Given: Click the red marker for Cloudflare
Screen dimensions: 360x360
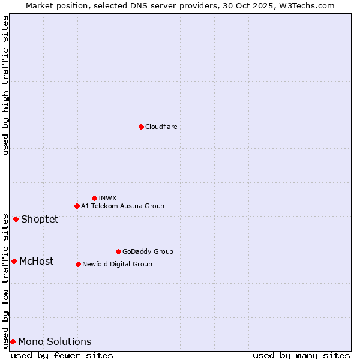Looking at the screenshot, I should [141, 127].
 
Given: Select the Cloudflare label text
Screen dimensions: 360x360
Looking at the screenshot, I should [161, 127].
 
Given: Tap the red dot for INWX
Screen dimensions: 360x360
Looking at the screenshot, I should [94, 198].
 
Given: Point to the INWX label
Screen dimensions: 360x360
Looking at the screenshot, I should [107, 198].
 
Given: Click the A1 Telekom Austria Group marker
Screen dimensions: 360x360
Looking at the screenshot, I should [77, 206].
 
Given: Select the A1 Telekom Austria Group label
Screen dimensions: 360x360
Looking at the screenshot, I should [122, 206].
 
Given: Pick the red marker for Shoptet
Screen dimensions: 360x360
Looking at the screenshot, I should [16, 219].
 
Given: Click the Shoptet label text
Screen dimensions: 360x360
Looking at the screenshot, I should [40, 219].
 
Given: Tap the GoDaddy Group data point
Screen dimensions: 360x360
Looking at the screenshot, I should [118, 251].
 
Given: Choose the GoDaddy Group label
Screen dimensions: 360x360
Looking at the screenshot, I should [148, 251].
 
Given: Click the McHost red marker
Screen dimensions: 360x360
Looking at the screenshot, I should [14, 261].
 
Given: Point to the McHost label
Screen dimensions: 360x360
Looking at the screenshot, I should [36, 261].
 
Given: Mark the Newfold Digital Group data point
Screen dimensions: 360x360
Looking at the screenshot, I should [78, 264].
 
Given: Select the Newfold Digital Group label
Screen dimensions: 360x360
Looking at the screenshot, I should [117, 264].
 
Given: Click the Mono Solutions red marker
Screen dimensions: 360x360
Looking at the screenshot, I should [13, 341].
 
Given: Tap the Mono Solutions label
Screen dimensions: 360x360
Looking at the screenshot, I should [55, 341].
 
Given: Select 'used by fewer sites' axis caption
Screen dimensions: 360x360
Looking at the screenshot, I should [62, 355].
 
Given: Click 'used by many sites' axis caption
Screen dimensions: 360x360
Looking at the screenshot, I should [301, 355].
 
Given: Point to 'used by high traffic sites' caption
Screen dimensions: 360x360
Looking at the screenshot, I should [5, 85].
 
